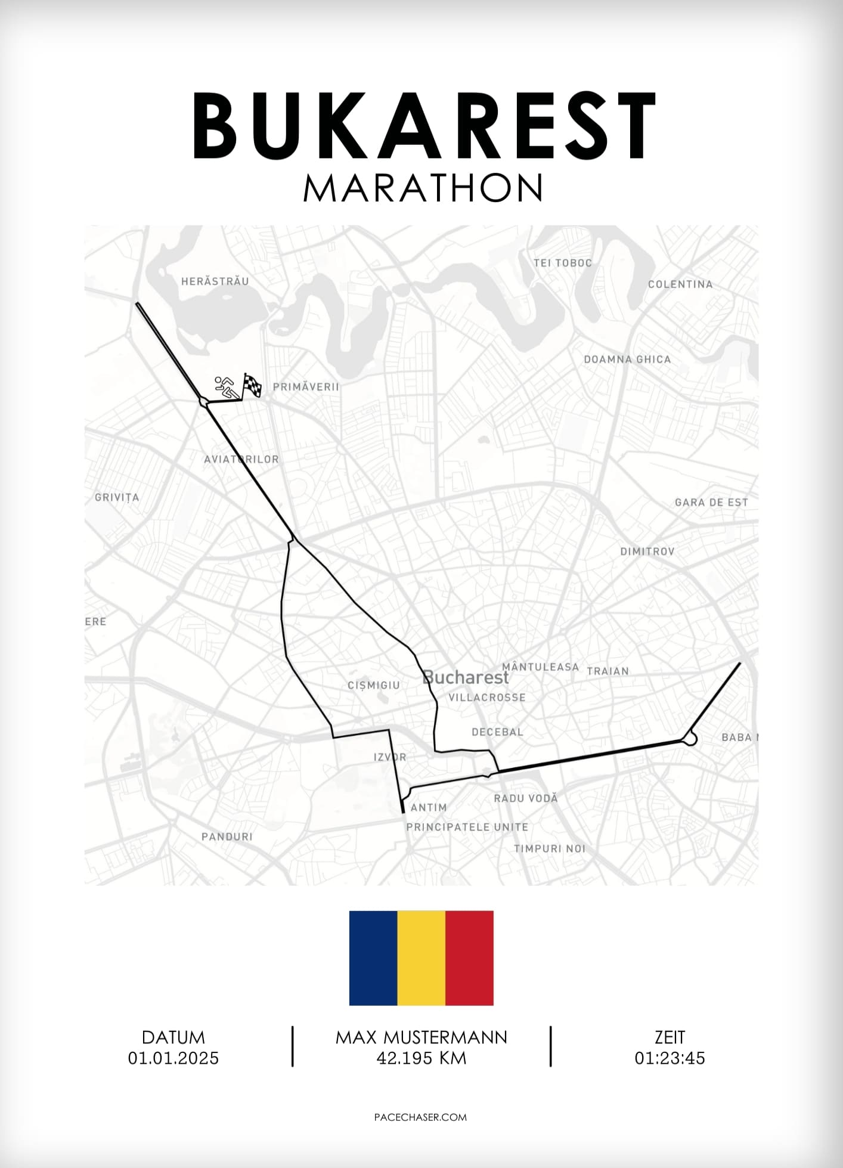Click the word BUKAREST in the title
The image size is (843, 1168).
(x=423, y=126)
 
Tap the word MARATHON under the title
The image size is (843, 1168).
(x=423, y=188)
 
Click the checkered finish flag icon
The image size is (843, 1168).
(x=252, y=386)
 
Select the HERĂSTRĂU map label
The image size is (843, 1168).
(x=215, y=281)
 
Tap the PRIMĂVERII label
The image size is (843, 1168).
(x=306, y=387)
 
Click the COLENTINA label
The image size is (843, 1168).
(x=680, y=284)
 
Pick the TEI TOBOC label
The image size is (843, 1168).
(x=563, y=263)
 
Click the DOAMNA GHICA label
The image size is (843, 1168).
(x=627, y=360)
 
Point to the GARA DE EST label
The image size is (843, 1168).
(x=711, y=503)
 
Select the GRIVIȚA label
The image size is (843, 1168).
(x=117, y=497)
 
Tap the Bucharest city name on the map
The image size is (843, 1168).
(x=466, y=677)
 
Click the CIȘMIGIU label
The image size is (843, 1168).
(x=374, y=686)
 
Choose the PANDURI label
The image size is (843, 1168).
(x=227, y=837)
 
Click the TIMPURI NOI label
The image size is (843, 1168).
(x=550, y=848)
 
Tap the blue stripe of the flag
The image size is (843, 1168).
(x=373, y=958)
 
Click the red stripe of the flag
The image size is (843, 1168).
(x=469, y=958)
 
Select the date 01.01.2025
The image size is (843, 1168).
(x=173, y=1058)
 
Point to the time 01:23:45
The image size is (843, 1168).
(x=670, y=1058)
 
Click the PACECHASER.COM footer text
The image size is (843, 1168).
(x=420, y=1117)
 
